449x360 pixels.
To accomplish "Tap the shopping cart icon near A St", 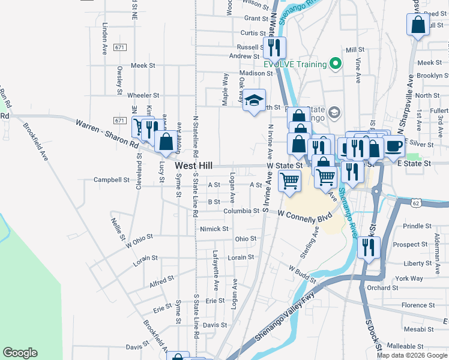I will (x=289, y=180).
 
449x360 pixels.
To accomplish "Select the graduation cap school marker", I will (x=254, y=99).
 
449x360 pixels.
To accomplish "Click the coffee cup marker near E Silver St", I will (x=394, y=146).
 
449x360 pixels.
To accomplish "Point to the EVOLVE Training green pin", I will (x=335, y=64).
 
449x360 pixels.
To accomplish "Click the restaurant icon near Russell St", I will (x=274, y=47).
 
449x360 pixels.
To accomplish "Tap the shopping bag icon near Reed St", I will (x=418, y=25).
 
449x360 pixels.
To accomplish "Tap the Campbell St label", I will (x=112, y=179).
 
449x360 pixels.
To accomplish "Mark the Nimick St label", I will (x=214, y=229).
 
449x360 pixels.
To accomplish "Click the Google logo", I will (x=20, y=353).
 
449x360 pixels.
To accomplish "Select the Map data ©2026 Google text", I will (x=411, y=355).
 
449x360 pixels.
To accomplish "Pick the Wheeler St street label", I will (x=143, y=95).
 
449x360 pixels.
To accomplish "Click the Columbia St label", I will (x=241, y=211).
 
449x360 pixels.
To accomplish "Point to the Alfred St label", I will (x=161, y=279).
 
